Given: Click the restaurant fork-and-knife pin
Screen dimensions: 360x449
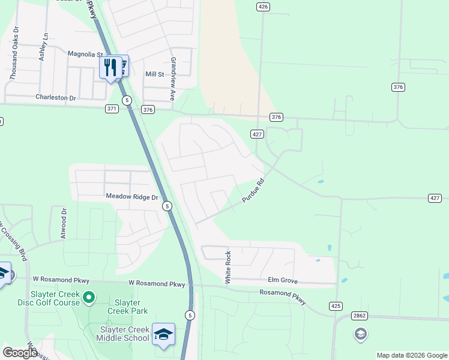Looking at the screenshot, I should click(109, 67).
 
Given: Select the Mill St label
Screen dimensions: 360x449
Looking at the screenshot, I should click(154, 74).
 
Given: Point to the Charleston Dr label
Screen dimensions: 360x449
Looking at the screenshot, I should click(56, 97).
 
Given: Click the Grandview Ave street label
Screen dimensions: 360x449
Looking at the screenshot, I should click(172, 79).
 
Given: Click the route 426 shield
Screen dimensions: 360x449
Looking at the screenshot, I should click(262, 7).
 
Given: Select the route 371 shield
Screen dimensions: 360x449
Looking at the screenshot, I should click(112, 109).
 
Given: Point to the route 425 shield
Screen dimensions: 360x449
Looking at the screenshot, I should click(336, 306).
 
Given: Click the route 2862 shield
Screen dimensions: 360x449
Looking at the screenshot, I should click(360, 316).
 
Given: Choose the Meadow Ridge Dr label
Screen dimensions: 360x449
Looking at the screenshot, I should click(131, 197).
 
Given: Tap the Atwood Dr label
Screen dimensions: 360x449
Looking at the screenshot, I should click(63, 223).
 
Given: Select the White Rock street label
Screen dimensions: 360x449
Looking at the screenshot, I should click(228, 268).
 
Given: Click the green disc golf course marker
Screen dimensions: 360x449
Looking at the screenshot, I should click(89, 296).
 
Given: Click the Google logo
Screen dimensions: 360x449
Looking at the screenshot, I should click(20, 353).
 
